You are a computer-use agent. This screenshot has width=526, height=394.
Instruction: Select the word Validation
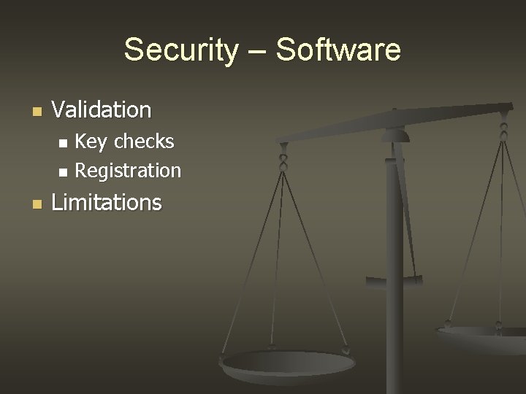[x=102, y=110]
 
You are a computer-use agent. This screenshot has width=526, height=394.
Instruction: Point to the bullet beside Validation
[x=37, y=112]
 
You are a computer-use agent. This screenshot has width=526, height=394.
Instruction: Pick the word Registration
[x=128, y=171]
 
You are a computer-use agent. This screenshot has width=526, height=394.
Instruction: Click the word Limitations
[x=107, y=202]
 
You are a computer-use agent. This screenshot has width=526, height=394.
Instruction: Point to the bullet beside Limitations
[x=37, y=204]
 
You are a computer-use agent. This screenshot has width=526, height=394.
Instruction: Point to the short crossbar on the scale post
[x=394, y=278]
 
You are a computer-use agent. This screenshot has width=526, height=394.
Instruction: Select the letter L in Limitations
[x=57, y=202]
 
